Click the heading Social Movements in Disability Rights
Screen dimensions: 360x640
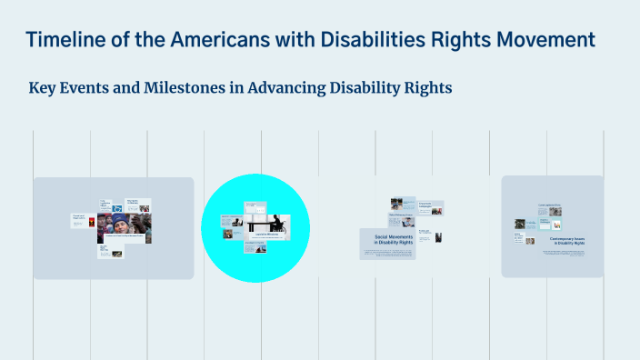[x=387, y=240]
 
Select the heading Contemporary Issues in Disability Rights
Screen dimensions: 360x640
[x=566, y=241]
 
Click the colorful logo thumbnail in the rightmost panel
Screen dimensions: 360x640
[x=556, y=225]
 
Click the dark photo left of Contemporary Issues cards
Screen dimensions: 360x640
[x=520, y=223]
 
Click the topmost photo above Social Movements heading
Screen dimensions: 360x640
[x=396, y=204]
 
